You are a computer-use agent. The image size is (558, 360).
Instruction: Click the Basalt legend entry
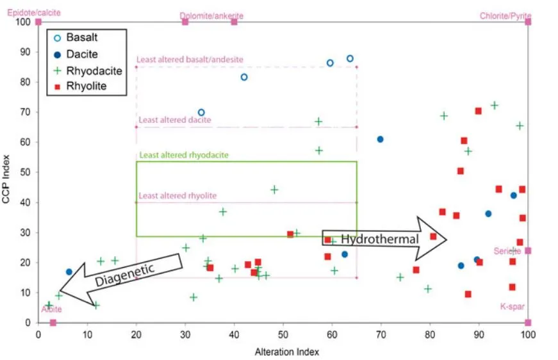tap(81, 38)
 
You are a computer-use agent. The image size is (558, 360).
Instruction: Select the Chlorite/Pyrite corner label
tap(505, 16)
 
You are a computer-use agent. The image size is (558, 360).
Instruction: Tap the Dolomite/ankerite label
tap(211, 15)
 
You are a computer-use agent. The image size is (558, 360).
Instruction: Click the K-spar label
tap(512, 306)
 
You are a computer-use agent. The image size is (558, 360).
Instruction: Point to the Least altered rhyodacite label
tap(184, 155)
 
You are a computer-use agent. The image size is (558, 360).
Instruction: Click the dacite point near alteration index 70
tap(381, 139)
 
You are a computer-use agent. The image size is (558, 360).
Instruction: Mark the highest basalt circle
tap(350, 58)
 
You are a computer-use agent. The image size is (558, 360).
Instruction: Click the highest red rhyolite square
tap(478, 111)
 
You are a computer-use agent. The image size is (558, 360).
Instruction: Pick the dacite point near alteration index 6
tap(69, 272)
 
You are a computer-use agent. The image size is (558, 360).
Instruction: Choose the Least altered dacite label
tap(175, 120)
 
